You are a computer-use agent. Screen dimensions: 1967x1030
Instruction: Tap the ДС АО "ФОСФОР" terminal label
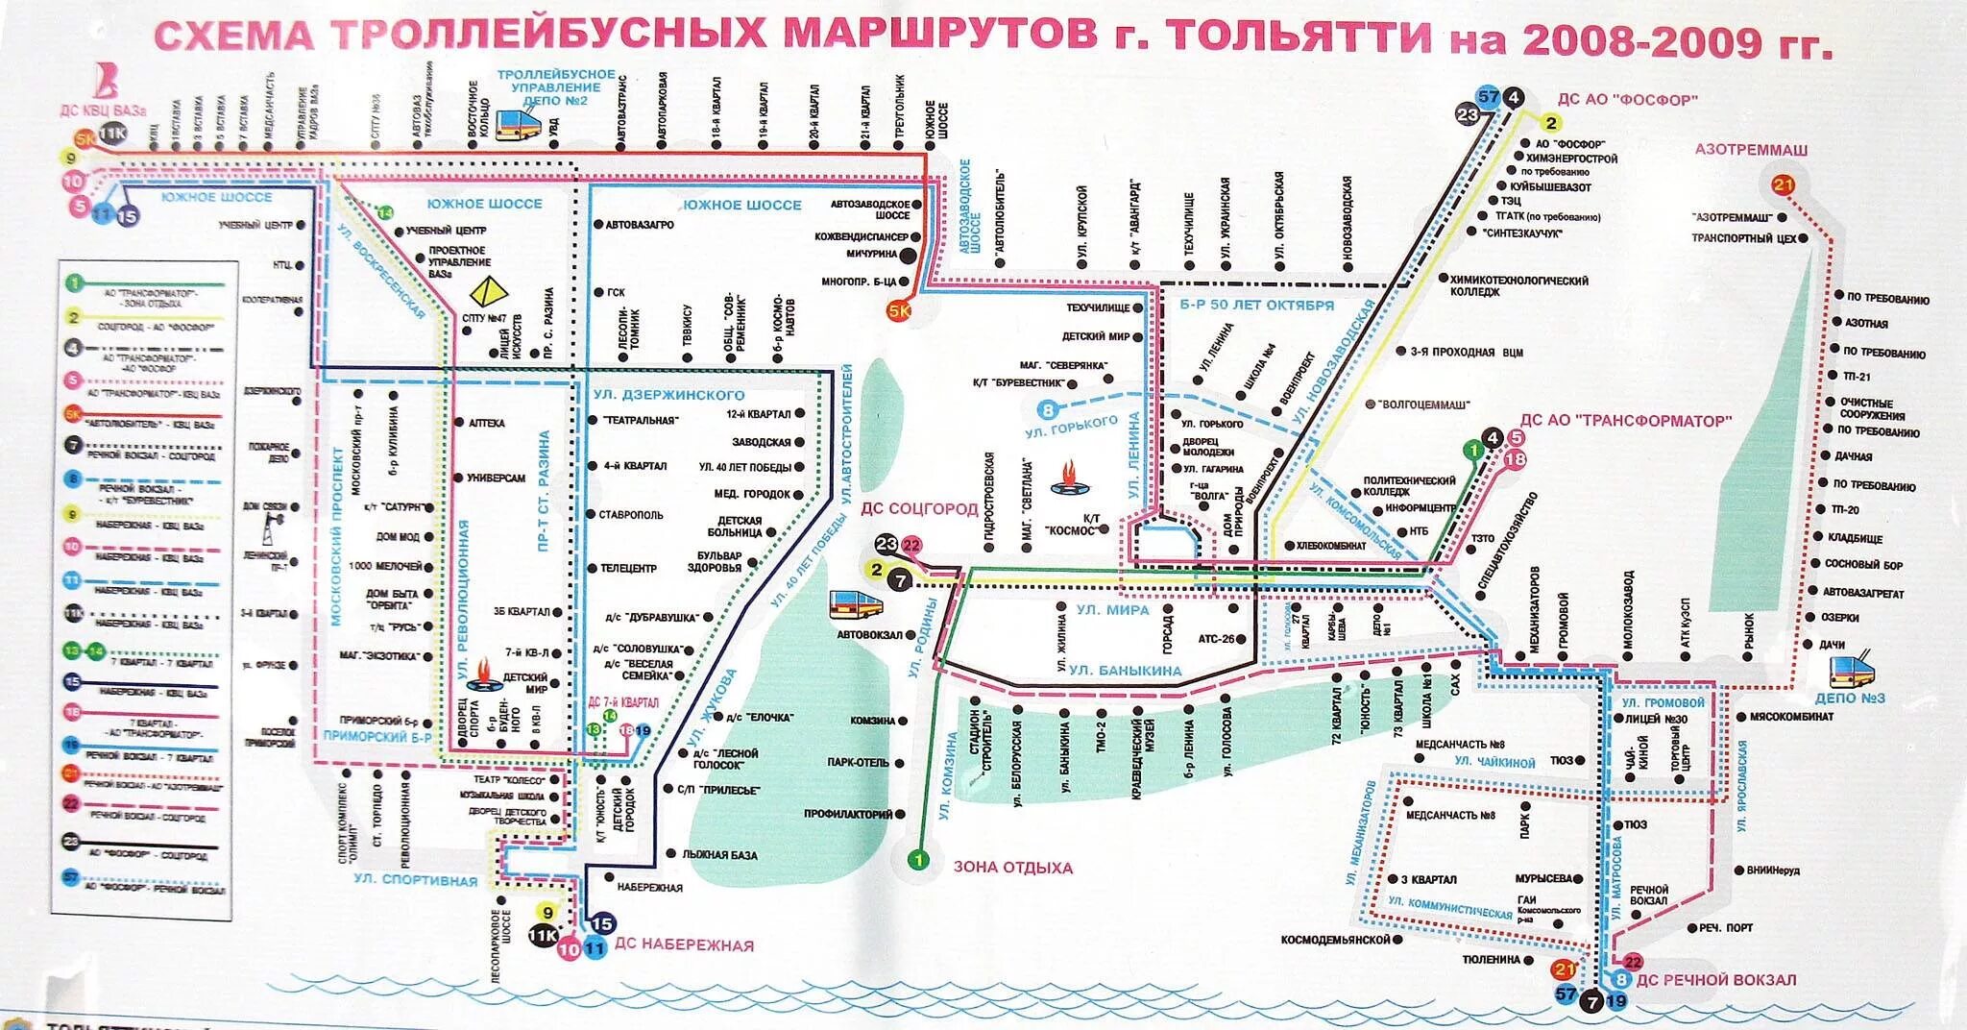(1627, 100)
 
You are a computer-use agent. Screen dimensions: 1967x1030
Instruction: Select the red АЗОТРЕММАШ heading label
(1751, 150)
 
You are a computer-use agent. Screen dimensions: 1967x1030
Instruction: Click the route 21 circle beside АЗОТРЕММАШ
(1784, 185)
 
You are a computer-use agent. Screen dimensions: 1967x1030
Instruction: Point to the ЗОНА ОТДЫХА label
(1012, 868)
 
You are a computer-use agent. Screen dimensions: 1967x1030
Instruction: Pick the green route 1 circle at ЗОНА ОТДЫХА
(919, 860)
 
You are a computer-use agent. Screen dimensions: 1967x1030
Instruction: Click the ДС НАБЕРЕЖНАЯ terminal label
(684, 945)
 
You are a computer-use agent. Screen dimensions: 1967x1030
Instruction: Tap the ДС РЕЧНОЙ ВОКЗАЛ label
(1715, 980)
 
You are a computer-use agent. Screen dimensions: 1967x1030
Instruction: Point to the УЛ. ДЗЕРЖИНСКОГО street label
(668, 395)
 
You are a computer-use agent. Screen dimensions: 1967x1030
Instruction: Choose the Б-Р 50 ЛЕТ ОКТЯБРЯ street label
(1256, 306)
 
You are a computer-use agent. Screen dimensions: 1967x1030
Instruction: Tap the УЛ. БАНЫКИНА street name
(1125, 671)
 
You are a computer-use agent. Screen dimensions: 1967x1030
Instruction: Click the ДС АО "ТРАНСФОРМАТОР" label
(1625, 420)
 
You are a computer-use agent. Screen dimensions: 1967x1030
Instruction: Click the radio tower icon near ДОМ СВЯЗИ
(273, 529)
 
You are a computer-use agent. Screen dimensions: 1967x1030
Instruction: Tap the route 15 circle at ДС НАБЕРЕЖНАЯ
(602, 924)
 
